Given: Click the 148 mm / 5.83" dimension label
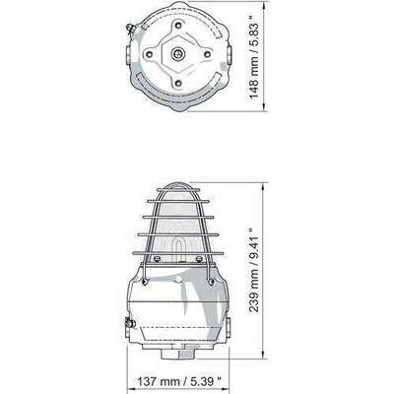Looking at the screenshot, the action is [255, 56].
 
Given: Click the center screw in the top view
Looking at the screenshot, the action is [178, 53].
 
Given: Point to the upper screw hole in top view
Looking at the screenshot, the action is [178, 25].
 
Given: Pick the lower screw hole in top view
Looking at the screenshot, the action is [178, 83].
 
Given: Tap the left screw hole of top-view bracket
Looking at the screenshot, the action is [150, 53].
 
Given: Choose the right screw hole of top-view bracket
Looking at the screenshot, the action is [207, 54].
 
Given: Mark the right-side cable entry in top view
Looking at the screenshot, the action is [229, 53].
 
